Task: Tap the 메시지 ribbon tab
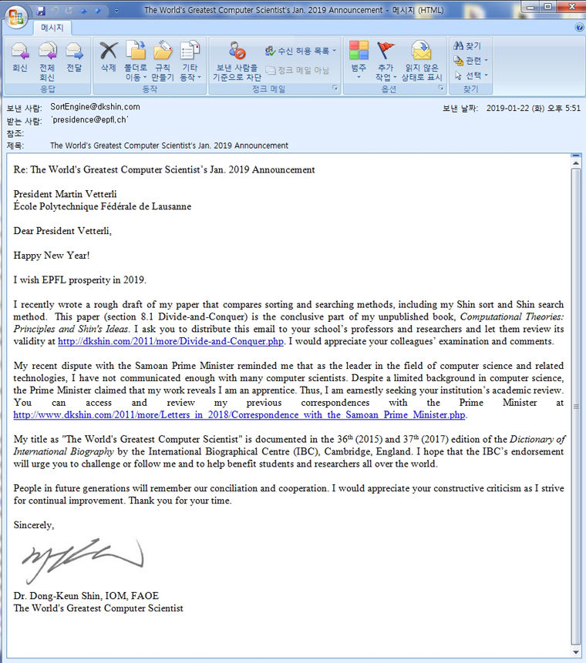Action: [51, 27]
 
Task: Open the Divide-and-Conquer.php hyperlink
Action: [170, 341]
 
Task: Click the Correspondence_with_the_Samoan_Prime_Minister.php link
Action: [240, 415]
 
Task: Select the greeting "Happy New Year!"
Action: [52, 255]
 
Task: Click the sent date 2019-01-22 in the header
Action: [511, 109]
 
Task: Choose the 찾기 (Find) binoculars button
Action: [468, 46]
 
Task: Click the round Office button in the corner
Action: [15, 15]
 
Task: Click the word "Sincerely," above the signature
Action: [34, 525]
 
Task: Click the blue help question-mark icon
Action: [579, 27]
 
